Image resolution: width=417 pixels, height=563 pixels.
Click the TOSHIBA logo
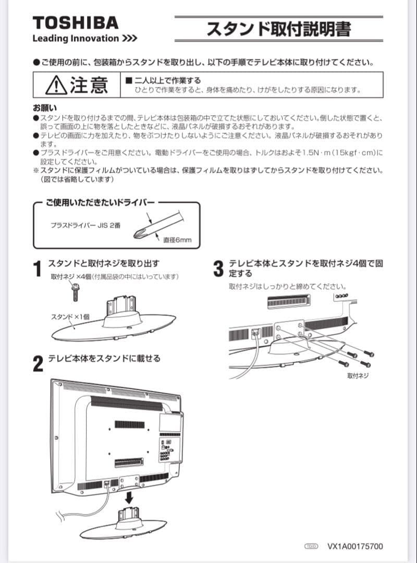(75, 22)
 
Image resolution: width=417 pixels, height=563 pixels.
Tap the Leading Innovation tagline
(84, 39)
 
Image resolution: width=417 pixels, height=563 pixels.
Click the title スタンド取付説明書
(278, 29)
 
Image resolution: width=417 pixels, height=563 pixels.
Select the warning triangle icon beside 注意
(56, 85)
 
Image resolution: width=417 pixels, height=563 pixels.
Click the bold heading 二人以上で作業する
(163, 81)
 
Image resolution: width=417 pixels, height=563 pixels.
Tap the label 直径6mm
(177, 240)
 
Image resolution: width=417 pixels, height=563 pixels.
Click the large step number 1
(37, 270)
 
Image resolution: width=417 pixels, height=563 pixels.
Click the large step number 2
(38, 364)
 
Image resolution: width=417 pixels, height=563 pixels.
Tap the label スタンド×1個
(70, 317)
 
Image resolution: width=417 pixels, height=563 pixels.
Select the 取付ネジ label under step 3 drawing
(358, 375)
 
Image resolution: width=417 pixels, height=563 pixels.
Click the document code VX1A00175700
(355, 546)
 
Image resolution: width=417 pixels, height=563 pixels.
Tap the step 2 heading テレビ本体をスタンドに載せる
(104, 359)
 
